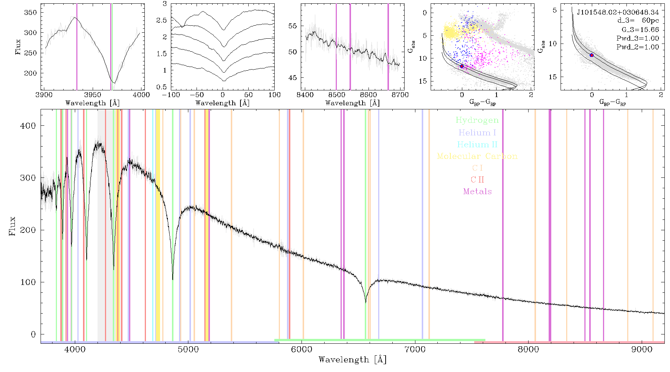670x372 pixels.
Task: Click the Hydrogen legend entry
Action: (x=477, y=121)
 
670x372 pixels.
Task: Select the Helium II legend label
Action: (x=477, y=144)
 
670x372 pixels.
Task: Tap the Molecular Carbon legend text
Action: (x=477, y=156)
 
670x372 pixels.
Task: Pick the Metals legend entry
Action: (x=478, y=191)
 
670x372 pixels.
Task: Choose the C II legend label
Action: (x=477, y=180)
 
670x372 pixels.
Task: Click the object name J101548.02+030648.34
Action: (x=618, y=12)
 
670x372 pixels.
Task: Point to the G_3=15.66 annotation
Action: (x=640, y=30)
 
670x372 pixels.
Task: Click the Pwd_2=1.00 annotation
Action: (x=638, y=47)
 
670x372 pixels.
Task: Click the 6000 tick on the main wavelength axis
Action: (x=301, y=349)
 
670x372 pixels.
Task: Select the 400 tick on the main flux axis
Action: (x=28, y=126)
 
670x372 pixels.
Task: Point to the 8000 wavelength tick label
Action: (x=528, y=349)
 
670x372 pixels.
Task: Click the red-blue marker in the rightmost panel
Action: (x=591, y=55)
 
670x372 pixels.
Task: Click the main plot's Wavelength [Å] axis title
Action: (x=352, y=360)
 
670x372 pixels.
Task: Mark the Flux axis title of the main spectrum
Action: (x=12, y=226)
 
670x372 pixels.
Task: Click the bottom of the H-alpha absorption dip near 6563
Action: (x=366, y=302)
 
